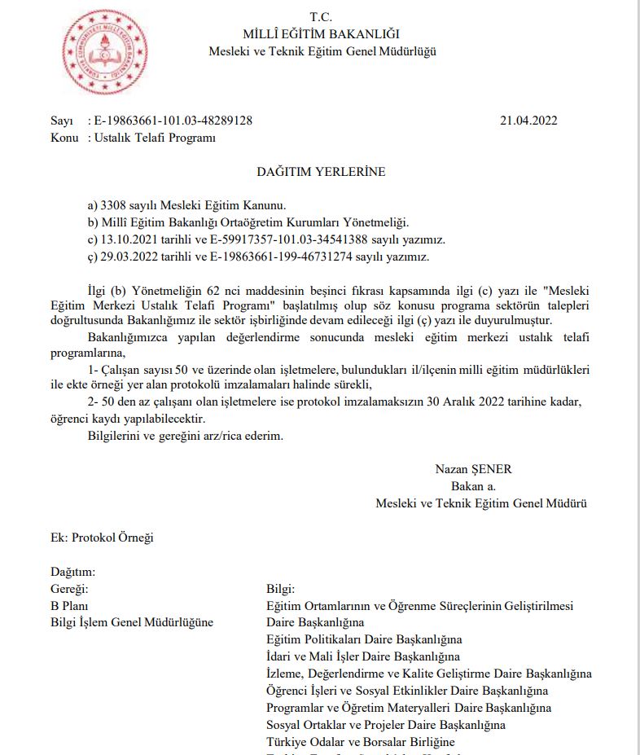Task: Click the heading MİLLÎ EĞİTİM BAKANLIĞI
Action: click(322, 33)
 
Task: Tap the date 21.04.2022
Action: click(528, 121)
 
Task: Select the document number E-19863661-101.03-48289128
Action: click(173, 121)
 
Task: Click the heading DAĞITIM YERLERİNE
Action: click(321, 172)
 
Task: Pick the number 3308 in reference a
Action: click(112, 205)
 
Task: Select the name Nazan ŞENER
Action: click(473, 469)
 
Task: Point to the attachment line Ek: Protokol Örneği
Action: click(102, 538)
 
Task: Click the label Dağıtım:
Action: click(73, 572)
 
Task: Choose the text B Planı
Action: click(69, 606)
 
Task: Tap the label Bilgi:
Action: click(281, 589)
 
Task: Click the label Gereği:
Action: click(69, 589)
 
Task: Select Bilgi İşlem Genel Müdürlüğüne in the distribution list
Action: click(132, 623)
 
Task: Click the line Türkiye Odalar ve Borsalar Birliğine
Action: click(360, 742)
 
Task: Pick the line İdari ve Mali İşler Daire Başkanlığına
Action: click(363, 656)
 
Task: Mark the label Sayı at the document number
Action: click(62, 121)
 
